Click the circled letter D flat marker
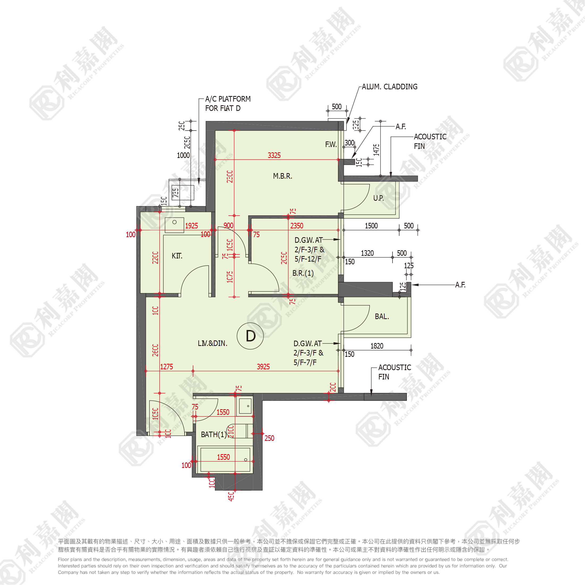(250, 336)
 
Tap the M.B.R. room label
(282, 176)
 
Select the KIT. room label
(177, 256)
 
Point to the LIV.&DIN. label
(212, 343)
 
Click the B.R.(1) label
(303, 273)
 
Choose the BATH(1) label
(214, 434)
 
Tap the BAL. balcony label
(382, 317)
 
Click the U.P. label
(378, 198)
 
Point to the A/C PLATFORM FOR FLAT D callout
(227, 103)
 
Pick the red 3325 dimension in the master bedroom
(274, 156)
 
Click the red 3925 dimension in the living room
(263, 367)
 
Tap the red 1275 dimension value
(166, 367)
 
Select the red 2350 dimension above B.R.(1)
(296, 226)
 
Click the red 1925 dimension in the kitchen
(191, 226)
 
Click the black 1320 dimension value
(367, 253)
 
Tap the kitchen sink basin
(174, 224)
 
